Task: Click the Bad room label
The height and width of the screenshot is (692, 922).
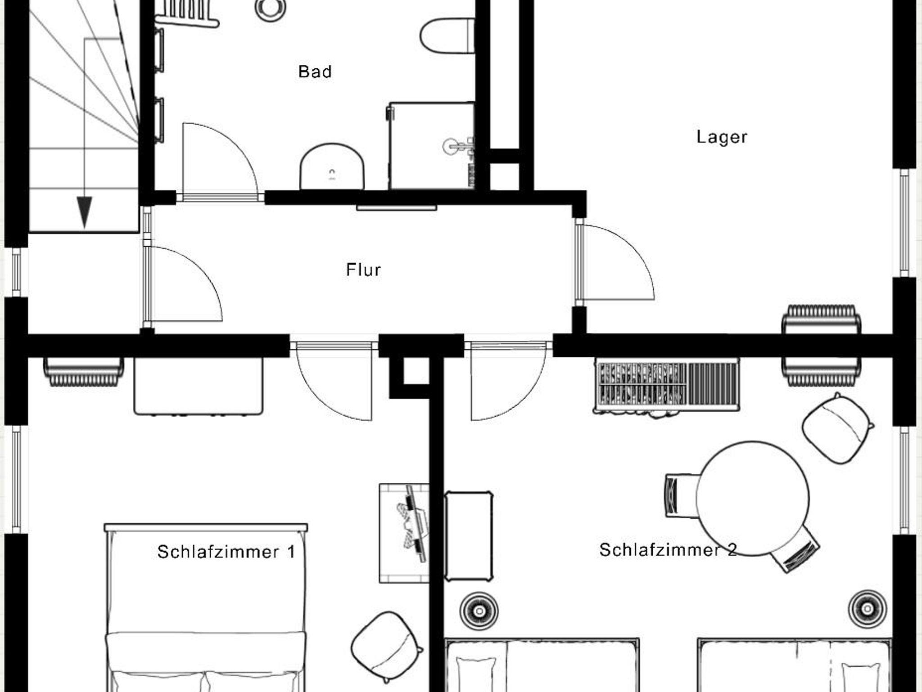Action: click(315, 72)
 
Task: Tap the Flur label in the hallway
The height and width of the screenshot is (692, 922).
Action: click(363, 270)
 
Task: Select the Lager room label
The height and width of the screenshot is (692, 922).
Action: click(722, 137)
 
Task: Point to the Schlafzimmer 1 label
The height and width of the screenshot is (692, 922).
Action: click(226, 552)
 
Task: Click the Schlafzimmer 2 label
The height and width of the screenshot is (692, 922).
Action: click(668, 550)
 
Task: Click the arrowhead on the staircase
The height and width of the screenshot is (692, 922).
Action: click(85, 212)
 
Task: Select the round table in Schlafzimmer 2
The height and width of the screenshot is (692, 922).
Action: click(752, 498)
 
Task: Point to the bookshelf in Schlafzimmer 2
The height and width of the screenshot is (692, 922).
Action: click(666, 385)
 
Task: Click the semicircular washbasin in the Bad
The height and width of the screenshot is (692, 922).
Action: click(332, 166)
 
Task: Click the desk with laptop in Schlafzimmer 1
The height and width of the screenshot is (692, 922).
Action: click(404, 533)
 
